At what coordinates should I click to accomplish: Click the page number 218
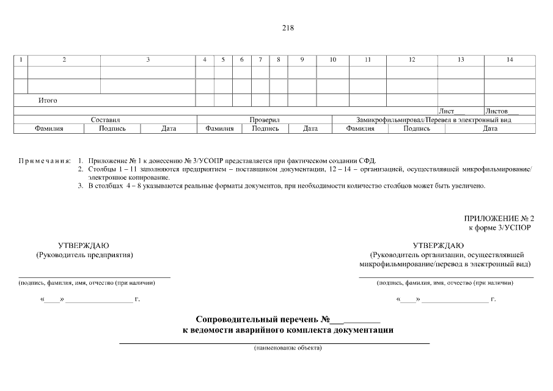tap(288, 27)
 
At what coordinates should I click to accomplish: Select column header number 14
tap(510, 60)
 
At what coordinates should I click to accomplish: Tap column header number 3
tap(148, 60)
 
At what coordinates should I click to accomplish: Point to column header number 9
tap(302, 60)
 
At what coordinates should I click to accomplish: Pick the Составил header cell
tap(106, 120)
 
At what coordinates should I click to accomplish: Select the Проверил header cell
tap(265, 120)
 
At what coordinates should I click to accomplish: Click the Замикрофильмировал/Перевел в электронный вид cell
tap(434, 120)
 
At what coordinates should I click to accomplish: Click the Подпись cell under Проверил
tap(265, 129)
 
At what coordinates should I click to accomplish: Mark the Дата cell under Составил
tap(169, 129)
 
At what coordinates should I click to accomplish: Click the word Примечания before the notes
tap(44, 160)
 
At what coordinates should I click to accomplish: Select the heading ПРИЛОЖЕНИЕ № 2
tap(499, 218)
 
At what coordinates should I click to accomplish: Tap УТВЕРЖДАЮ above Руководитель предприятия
tap(84, 245)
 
